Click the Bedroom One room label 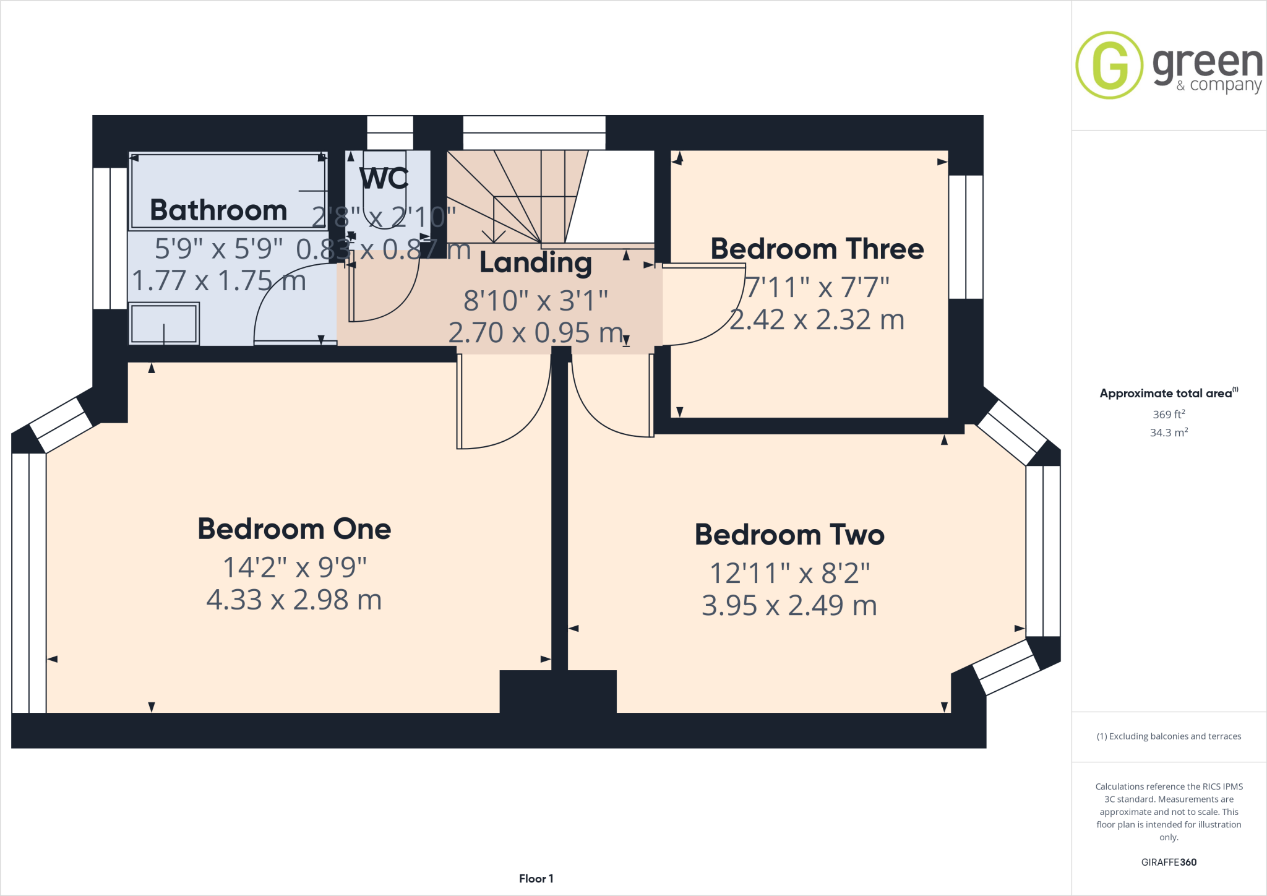point(294,529)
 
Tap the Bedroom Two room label point(789,535)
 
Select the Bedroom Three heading point(817,249)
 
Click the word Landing point(535,263)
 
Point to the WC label point(384,179)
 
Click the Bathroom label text point(218,210)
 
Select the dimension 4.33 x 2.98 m point(294,600)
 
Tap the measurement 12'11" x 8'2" point(789,573)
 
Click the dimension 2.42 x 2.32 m point(817,320)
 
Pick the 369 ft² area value point(1168,415)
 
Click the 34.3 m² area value point(1168,433)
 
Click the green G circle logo point(1109,65)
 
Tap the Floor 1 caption point(536,879)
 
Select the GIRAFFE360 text point(1168,862)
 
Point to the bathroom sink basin point(164,323)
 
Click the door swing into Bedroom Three point(711,309)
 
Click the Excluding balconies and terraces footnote point(1168,736)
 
